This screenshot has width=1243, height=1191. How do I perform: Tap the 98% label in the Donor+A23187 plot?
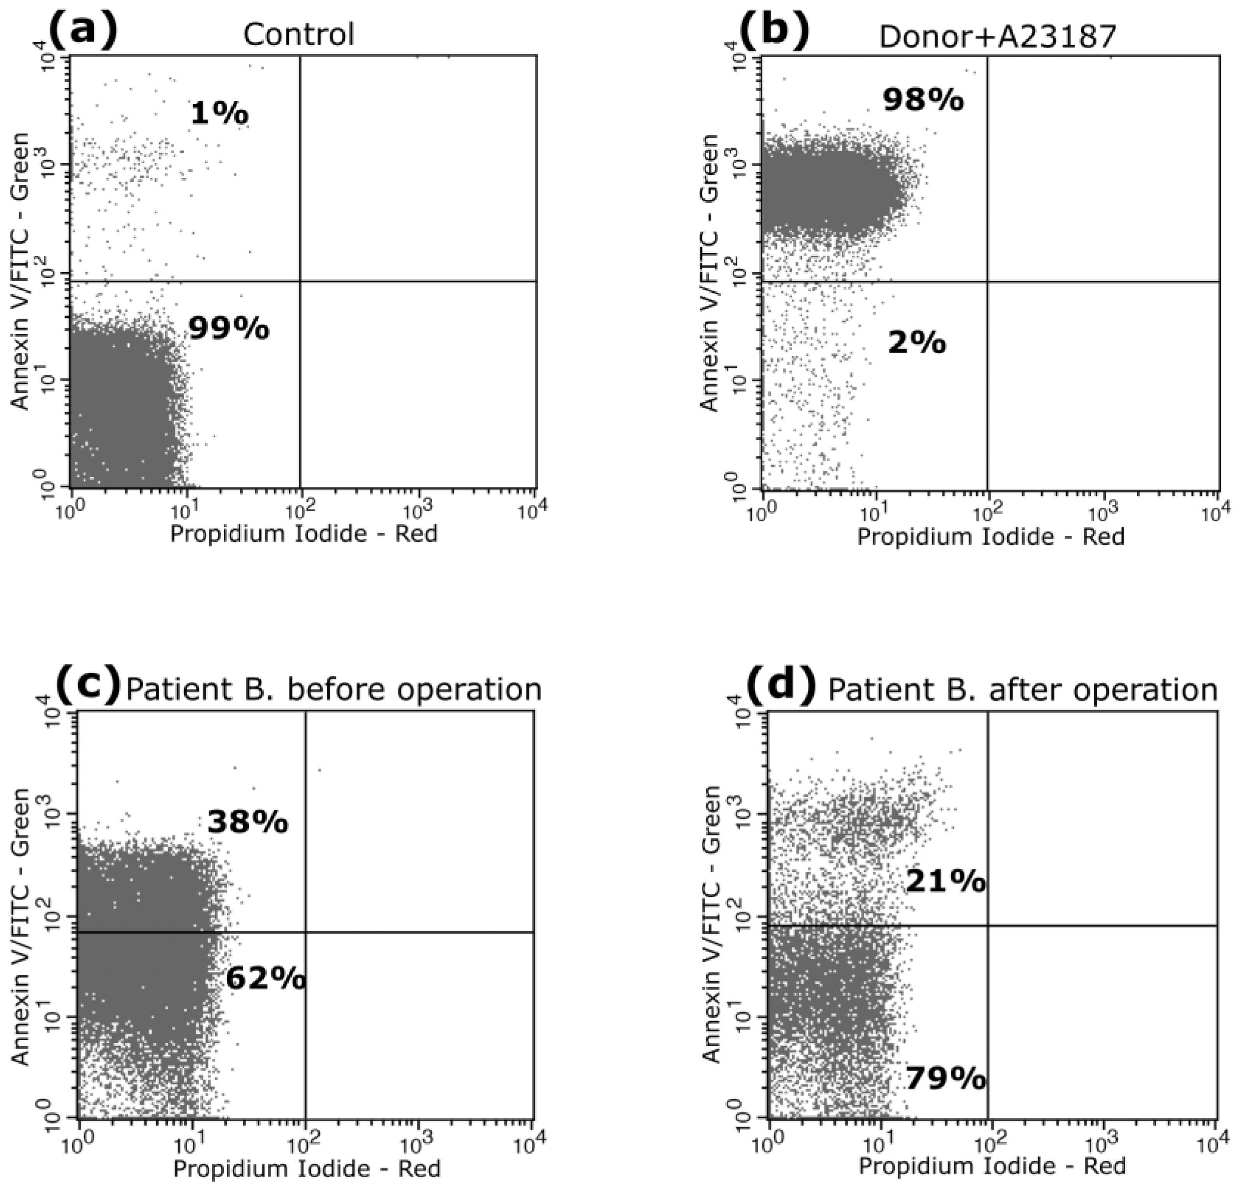pos(923,100)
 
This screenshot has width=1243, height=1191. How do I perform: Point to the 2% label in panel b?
pos(916,343)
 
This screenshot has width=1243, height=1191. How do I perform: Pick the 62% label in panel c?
pos(266,978)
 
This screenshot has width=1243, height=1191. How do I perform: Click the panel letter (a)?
pos(83,32)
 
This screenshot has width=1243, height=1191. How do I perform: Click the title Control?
pos(298,34)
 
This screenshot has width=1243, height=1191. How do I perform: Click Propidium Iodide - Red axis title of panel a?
pos(304,533)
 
